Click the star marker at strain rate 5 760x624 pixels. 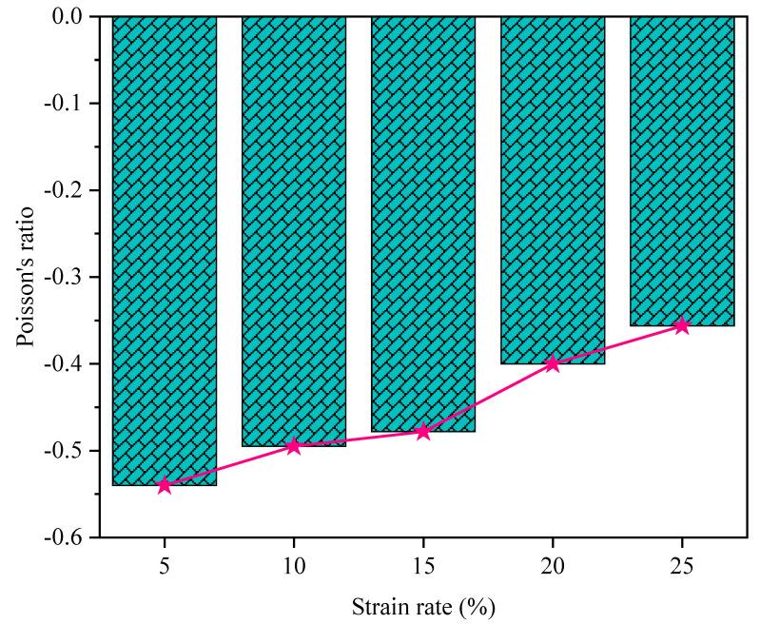coord(165,485)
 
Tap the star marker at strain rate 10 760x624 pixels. coord(294,445)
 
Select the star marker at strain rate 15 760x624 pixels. coord(423,431)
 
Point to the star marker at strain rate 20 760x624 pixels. coord(553,363)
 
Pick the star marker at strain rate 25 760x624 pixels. coord(682,325)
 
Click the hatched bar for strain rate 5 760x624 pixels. coord(165,247)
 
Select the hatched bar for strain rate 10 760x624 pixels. coord(294,228)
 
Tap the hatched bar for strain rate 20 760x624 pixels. coord(553,190)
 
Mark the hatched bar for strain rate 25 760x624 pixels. coord(682,171)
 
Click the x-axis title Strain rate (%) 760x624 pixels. coord(423,605)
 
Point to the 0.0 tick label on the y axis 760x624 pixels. coord(69,17)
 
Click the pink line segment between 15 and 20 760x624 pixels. coord(488,398)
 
